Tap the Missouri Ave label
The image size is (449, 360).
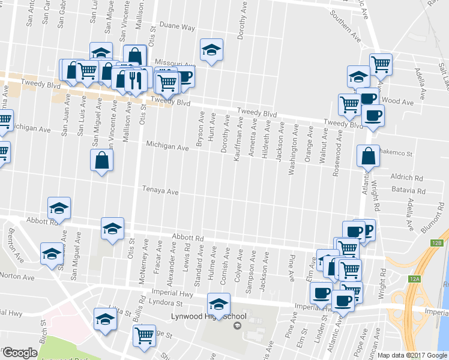click(x=175, y=63)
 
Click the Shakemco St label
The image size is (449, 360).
click(x=397, y=154)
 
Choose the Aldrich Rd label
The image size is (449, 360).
click(x=406, y=178)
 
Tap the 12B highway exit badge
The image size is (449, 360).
click(x=436, y=242)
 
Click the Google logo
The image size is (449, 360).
click(x=20, y=353)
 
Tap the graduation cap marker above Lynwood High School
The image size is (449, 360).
click(x=218, y=304)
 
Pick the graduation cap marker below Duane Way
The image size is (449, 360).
click(x=211, y=50)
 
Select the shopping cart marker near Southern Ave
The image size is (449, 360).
click(x=381, y=64)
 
